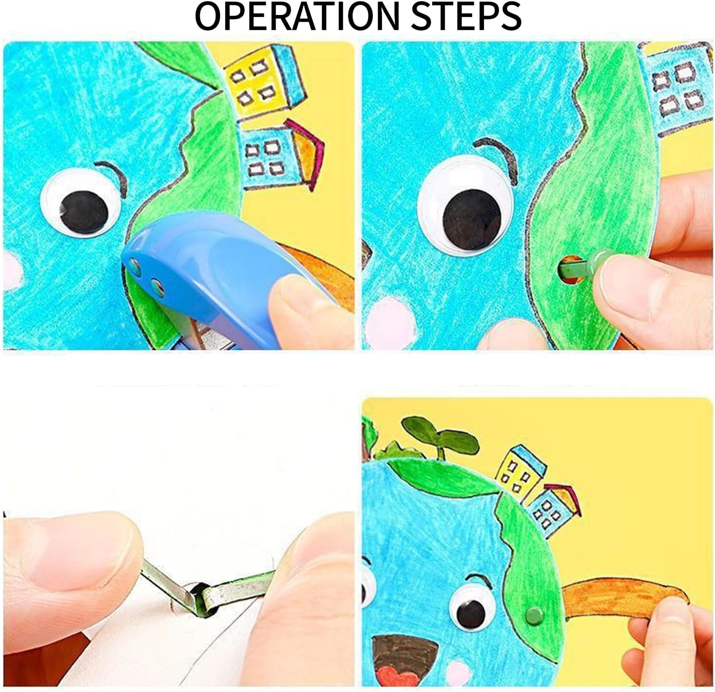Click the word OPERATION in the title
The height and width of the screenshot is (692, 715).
tap(297, 17)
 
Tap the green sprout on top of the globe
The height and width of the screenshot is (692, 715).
tap(440, 436)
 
